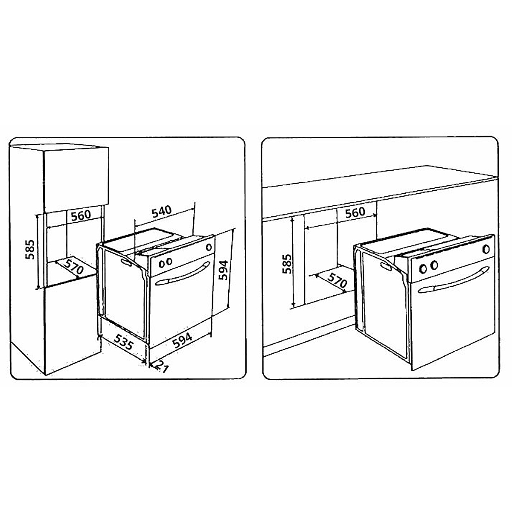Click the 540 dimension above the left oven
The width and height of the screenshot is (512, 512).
tap(162, 211)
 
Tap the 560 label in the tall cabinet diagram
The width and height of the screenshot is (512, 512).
tap(81, 215)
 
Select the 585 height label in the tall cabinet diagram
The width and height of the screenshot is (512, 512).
tap(30, 249)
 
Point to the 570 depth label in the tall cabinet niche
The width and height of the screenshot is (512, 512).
tap(74, 267)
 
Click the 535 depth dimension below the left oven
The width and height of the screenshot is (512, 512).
tap(123, 341)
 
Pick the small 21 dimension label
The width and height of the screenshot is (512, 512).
tap(162, 367)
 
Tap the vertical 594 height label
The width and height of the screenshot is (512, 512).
tap(223, 270)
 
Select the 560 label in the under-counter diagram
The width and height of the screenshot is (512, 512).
tap(355, 212)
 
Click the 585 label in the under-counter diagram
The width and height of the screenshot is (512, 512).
tap(287, 264)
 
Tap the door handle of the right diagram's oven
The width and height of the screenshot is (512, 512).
tap(454, 279)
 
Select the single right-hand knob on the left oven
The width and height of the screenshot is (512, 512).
tap(209, 247)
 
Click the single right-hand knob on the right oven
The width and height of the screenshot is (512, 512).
tap(486, 249)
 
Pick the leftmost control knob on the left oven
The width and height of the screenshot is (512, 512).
tap(161, 264)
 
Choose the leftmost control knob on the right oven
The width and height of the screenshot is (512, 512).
tap(423, 269)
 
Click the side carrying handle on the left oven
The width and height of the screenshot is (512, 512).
tap(126, 262)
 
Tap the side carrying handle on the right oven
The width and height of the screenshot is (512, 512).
tap(387, 266)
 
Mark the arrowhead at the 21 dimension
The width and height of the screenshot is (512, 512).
tap(151, 365)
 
